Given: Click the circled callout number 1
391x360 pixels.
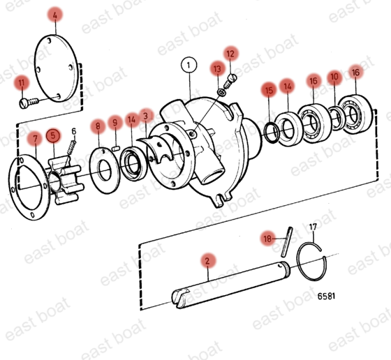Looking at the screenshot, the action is coord(189,66).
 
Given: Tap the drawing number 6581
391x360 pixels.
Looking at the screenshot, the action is coord(326,296).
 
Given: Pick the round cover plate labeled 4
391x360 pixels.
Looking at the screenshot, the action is coord(56,68).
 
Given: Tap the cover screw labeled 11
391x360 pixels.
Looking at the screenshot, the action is coord(29,102).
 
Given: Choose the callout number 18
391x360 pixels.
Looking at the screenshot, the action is coord(267,239).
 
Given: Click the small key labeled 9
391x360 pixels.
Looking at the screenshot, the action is coord(115,149).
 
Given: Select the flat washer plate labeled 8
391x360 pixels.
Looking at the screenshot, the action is coord(105,171).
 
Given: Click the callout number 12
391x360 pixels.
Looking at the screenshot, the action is coord(230,54).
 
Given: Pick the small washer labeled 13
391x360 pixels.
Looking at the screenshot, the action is coord(221,92).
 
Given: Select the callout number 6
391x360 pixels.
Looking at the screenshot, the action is coord(74,130).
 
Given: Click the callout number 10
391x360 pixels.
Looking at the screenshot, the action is coord(334,76).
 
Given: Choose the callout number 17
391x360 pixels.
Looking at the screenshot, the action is coord(313,227).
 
